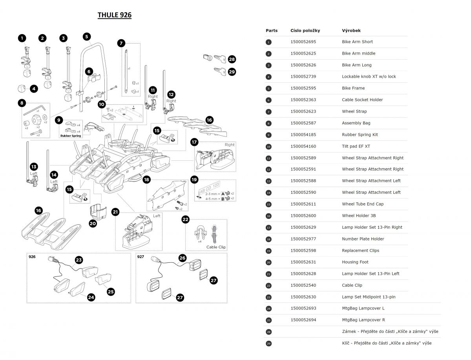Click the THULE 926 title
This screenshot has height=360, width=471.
[x=114, y=15]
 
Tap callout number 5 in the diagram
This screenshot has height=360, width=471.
[x=87, y=36]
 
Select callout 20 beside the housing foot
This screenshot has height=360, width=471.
[x=93, y=223]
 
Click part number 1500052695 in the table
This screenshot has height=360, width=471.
[x=303, y=42]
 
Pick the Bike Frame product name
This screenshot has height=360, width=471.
[x=353, y=88]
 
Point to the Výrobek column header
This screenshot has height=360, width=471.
[x=351, y=31]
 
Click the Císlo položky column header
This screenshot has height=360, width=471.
[x=305, y=31]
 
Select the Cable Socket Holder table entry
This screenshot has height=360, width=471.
[x=362, y=100]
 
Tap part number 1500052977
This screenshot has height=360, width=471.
[x=303, y=239]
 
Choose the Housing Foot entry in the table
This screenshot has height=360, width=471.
[x=355, y=262]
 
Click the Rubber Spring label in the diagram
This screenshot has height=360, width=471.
[x=71, y=136]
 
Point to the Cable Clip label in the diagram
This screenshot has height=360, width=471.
[x=216, y=247]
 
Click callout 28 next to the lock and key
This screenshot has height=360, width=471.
[x=232, y=60]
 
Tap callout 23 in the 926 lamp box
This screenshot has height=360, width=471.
[x=79, y=260]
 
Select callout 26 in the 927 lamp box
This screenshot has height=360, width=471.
[x=183, y=258]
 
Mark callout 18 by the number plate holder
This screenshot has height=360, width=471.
[x=147, y=180]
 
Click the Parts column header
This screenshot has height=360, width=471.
[x=272, y=31]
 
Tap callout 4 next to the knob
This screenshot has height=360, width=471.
[x=34, y=89]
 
